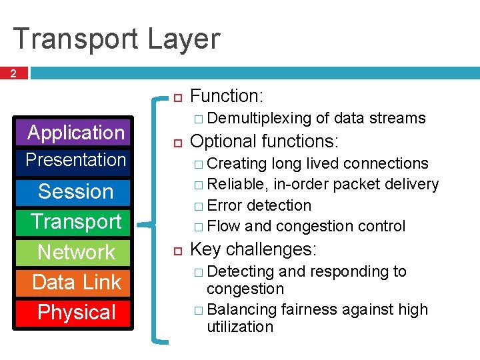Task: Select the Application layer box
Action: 75,133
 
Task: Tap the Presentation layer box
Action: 75,160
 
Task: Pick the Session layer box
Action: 75,191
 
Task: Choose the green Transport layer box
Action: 75,221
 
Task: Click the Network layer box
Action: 75,252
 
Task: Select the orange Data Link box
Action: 75,282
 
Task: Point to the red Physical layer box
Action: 75,312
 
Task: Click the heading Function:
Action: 226,96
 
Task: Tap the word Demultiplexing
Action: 259,119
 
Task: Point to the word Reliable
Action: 239,184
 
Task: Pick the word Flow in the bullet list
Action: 224,227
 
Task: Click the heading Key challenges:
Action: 254,250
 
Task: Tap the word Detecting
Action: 241,272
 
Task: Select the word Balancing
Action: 242,310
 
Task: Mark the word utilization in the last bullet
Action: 240,327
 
